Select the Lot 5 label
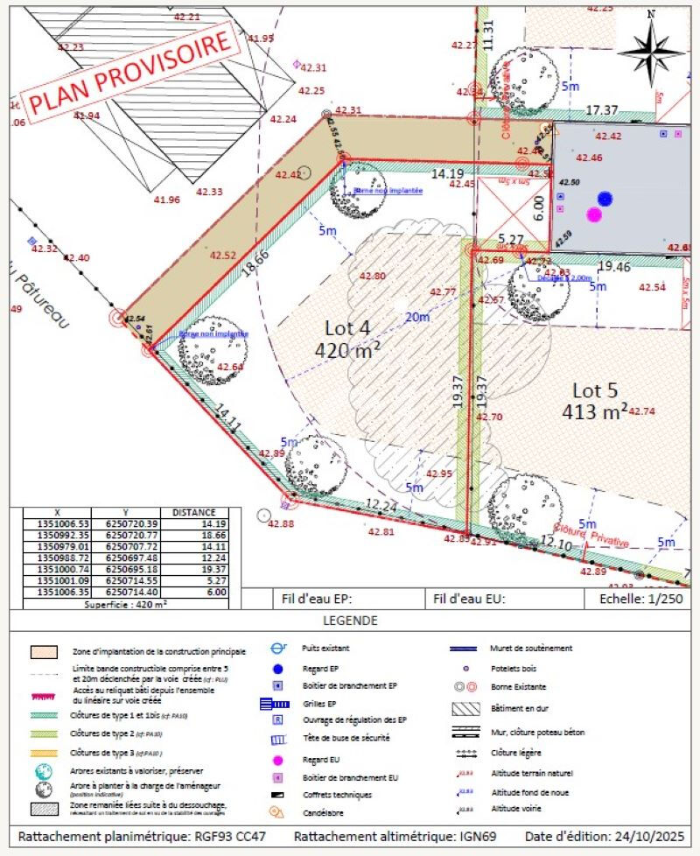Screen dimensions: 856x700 point(600,400)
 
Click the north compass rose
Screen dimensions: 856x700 point(651,47)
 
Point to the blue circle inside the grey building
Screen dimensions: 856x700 point(605,199)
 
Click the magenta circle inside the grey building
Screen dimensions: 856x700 point(594,214)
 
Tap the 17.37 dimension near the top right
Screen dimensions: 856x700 point(601,110)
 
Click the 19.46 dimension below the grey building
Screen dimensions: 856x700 point(613,265)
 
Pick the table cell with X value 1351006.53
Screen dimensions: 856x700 point(59,523)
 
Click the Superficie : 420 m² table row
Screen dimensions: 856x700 point(125,604)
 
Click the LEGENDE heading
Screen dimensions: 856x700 point(349,621)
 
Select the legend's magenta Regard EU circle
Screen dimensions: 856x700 point(277,760)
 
